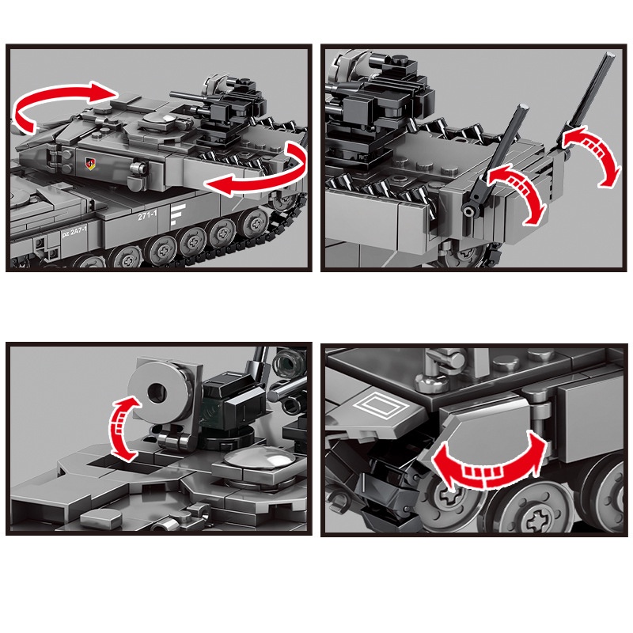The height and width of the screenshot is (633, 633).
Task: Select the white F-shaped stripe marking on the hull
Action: (177, 216)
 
